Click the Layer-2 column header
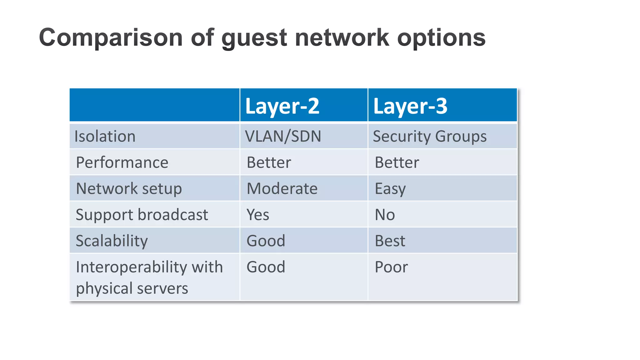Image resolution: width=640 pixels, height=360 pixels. click(282, 106)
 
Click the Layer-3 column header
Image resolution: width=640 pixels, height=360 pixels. click(410, 106)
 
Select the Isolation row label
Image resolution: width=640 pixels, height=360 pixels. click(105, 137)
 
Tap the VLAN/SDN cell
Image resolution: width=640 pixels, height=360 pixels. click(283, 137)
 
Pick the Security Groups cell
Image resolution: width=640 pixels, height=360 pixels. click(430, 137)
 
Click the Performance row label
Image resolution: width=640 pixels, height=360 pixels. click(122, 162)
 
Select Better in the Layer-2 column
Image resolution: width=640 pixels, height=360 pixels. click(269, 162)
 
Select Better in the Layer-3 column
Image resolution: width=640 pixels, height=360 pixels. click(397, 162)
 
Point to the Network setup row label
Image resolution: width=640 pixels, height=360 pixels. click(129, 189)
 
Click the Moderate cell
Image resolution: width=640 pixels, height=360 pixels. click(282, 189)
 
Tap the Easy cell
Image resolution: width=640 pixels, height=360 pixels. click(390, 189)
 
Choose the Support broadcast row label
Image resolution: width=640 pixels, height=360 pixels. click(142, 215)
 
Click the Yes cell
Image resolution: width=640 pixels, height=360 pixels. click(258, 215)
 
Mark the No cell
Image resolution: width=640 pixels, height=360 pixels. click(385, 215)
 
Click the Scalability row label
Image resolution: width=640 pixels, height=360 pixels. click(112, 241)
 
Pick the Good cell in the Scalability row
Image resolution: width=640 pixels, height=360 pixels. click(266, 241)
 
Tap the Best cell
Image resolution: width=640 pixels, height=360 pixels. click(390, 241)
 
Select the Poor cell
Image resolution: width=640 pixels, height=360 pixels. click(391, 267)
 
